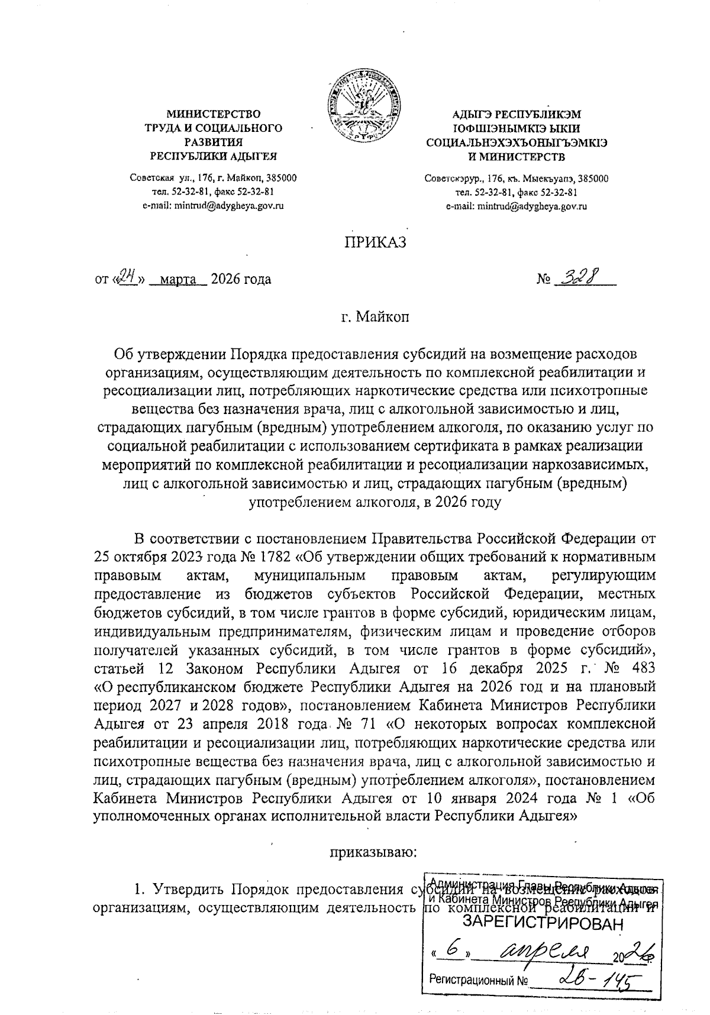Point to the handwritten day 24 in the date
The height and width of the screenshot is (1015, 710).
click(x=127, y=276)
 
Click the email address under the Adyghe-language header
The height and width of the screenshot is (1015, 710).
click(x=516, y=206)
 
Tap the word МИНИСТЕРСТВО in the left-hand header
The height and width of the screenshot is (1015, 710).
click(x=214, y=114)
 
